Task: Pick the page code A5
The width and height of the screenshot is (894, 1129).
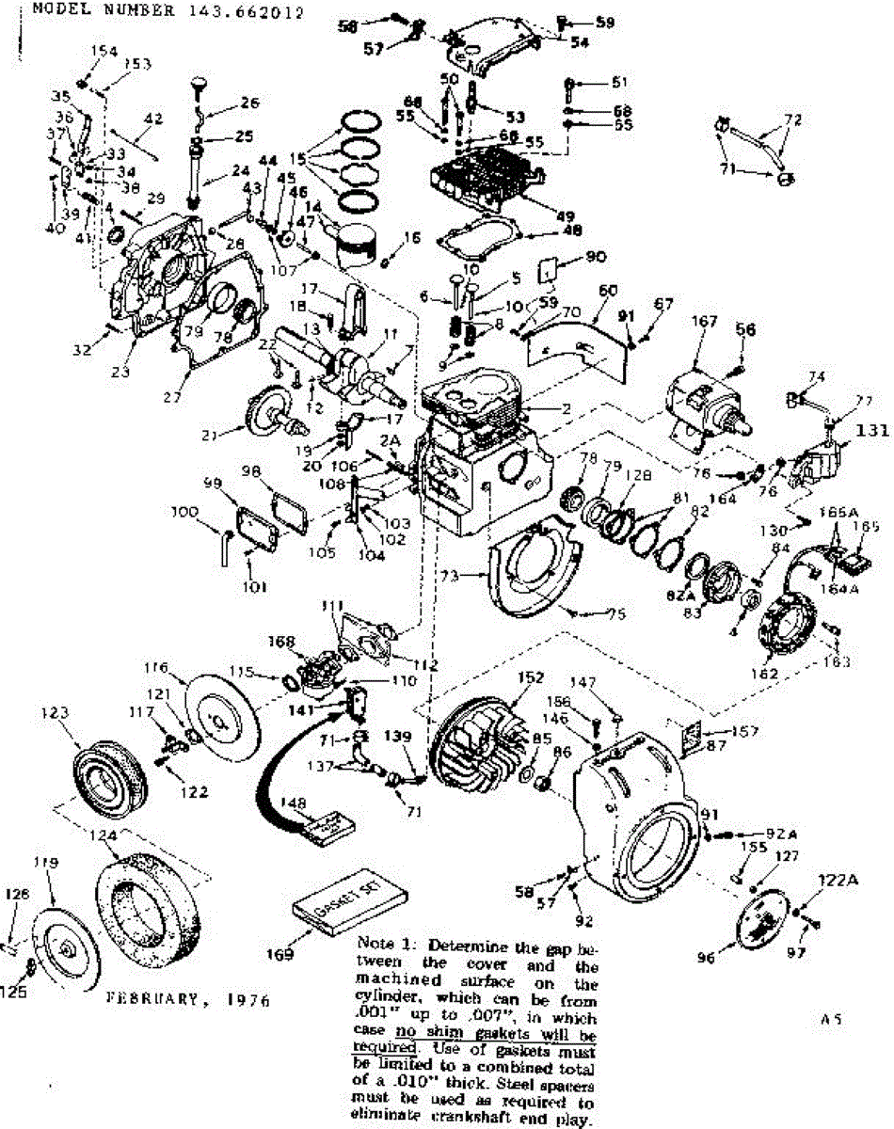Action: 829,1017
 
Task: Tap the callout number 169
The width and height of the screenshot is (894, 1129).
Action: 280,955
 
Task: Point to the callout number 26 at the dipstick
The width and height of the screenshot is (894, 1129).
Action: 250,103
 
